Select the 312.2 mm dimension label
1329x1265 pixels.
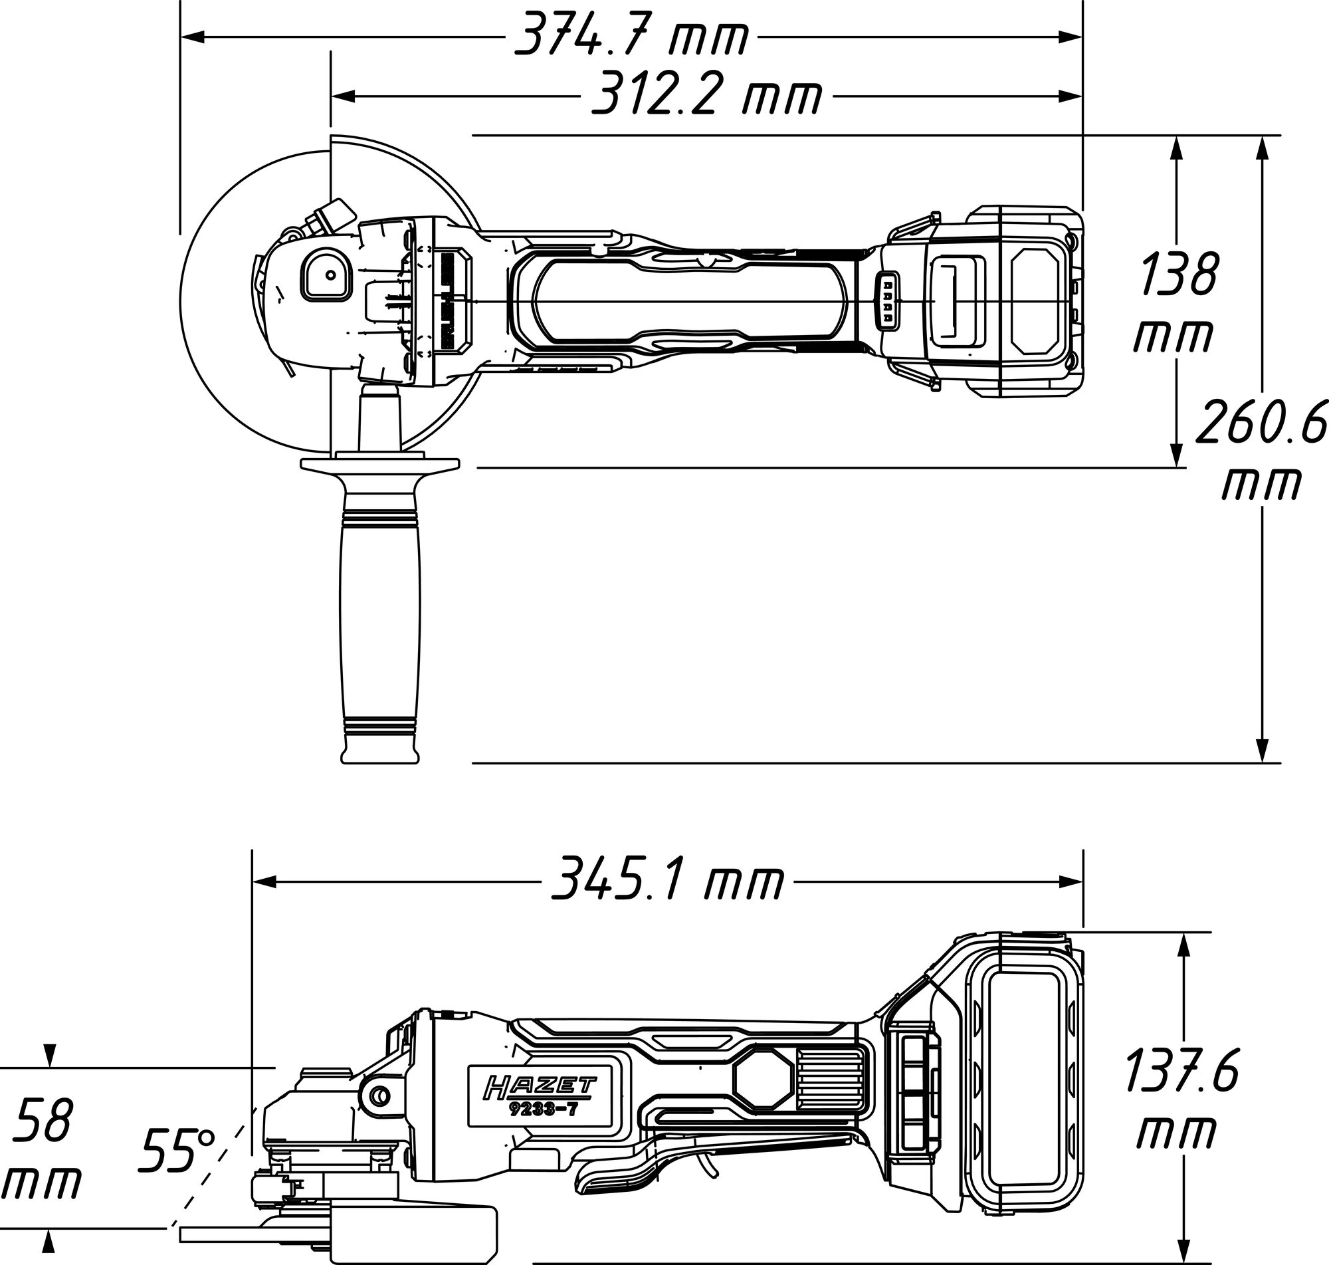point(706,96)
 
